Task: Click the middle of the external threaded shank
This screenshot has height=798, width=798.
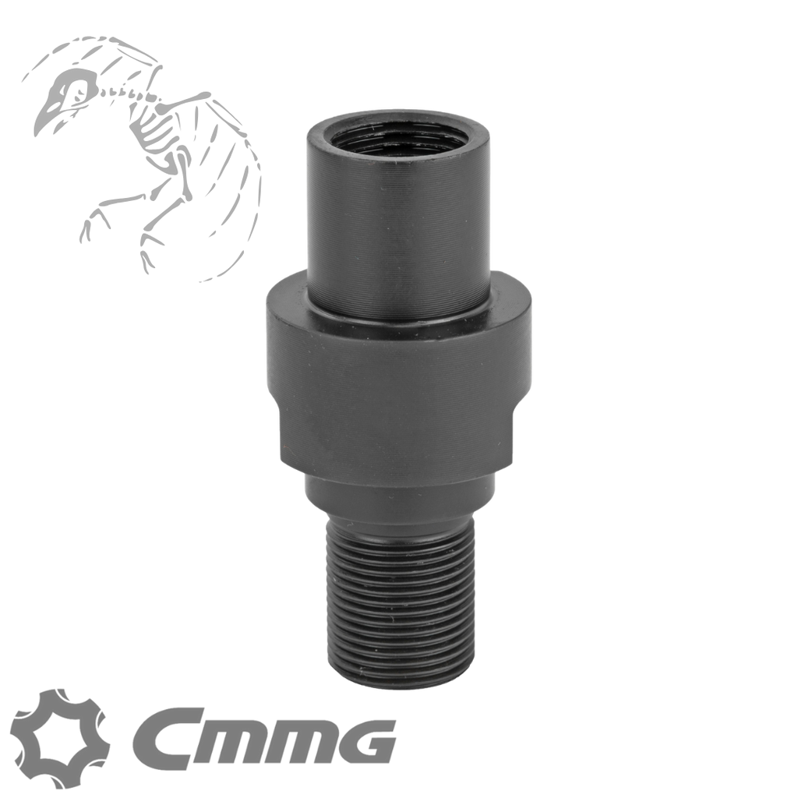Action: (x=398, y=608)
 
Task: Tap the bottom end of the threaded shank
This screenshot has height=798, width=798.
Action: (x=398, y=686)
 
